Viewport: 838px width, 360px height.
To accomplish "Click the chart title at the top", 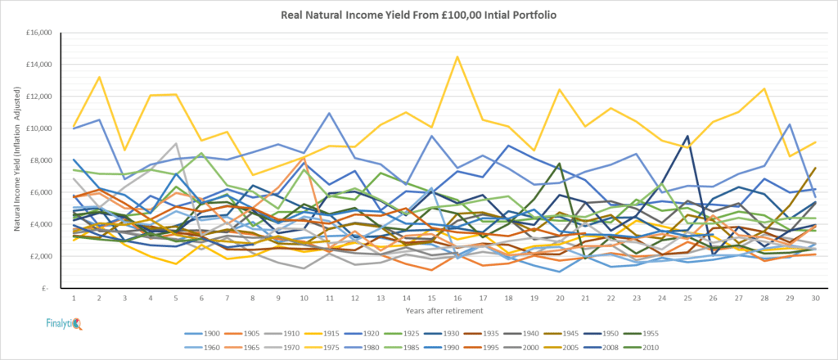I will (418, 15).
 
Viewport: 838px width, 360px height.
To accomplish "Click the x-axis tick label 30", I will (815, 298).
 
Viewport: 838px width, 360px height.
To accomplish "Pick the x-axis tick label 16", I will (457, 298).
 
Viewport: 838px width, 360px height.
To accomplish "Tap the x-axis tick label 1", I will (74, 298).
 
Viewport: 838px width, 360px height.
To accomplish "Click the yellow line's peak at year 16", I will (457, 56).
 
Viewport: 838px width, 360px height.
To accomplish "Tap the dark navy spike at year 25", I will (687, 136).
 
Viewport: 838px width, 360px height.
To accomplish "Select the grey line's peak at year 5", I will (176, 144).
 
